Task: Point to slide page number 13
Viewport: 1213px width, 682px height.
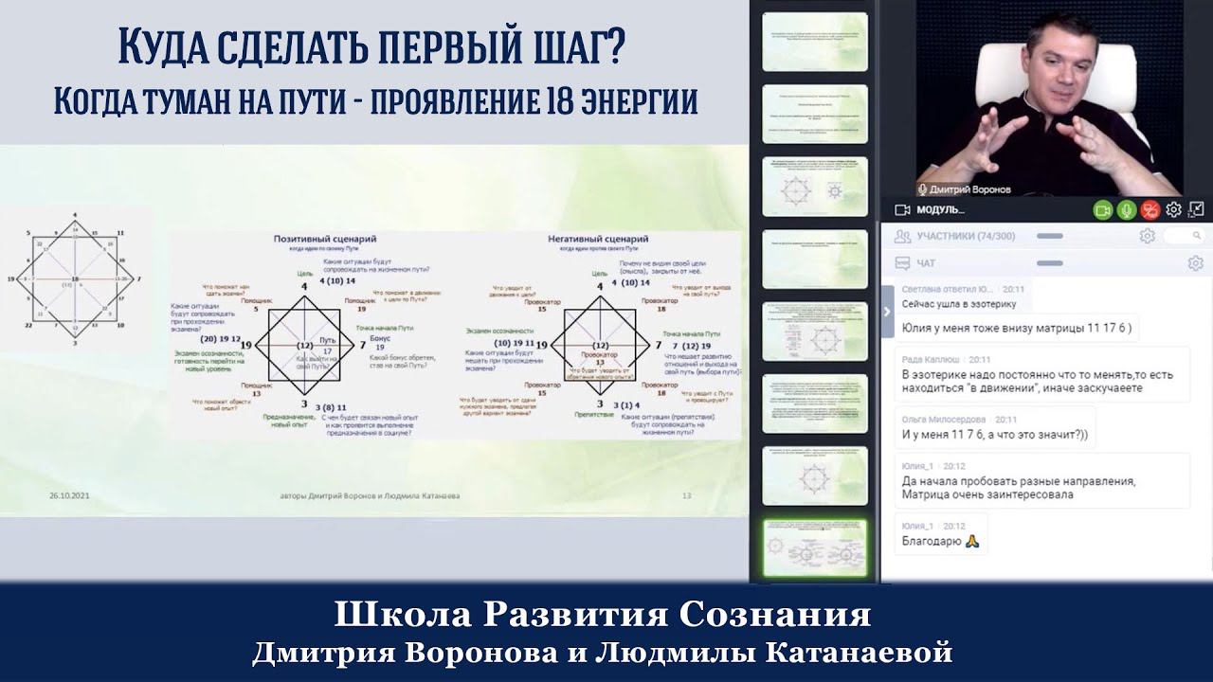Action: [687, 495]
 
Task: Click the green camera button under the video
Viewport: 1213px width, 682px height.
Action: [1103, 209]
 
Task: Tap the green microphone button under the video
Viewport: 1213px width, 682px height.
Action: [1127, 209]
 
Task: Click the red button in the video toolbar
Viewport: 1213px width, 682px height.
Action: [1150, 209]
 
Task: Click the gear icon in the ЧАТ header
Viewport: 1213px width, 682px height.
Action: [1195, 263]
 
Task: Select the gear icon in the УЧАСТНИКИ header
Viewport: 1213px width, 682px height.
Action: [1147, 236]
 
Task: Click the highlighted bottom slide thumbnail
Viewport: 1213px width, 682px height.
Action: [815, 547]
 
